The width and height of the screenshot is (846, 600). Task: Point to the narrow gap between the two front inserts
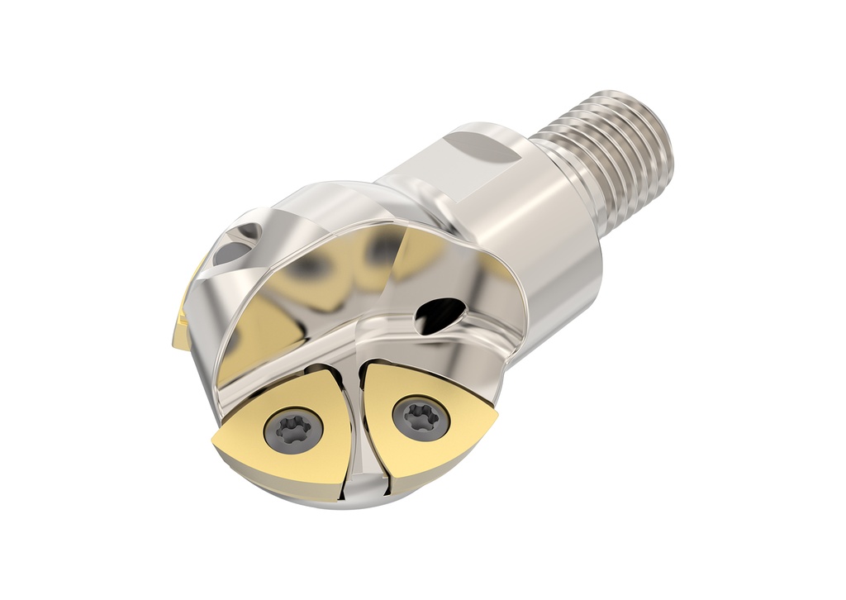tap(357, 430)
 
